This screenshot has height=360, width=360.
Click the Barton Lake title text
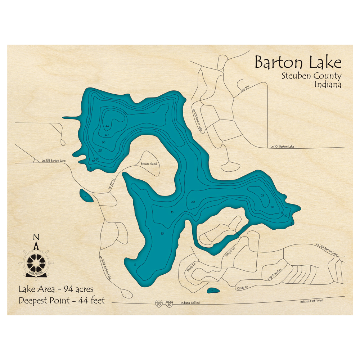298,63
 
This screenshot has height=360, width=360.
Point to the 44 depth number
107,126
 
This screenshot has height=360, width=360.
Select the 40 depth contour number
107,135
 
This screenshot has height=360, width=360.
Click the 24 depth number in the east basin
262,195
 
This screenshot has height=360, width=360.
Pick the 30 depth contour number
103,143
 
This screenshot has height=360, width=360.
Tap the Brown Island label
149,164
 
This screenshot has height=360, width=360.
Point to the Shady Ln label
191,268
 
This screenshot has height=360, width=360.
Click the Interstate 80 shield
169,303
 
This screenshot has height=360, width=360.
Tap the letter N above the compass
36,237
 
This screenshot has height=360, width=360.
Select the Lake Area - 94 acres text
56,289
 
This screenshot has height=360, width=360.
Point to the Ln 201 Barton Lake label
327,249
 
